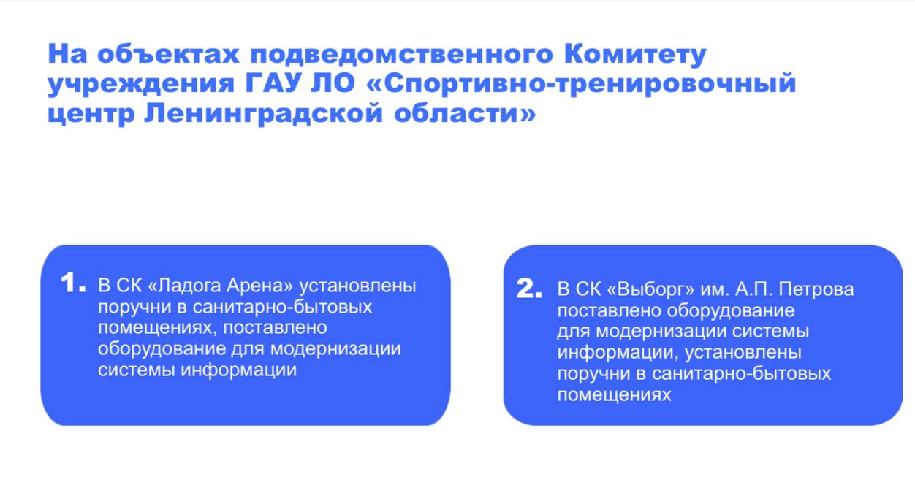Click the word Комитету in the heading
click(x=635, y=55)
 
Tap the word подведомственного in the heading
click(x=401, y=54)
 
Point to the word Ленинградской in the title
click(x=264, y=114)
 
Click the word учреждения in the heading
click(x=141, y=85)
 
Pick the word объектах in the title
click(x=168, y=53)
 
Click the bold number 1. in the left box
click(x=73, y=283)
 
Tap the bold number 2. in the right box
click(x=529, y=288)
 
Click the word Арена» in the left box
click(x=259, y=286)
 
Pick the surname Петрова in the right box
click(x=816, y=289)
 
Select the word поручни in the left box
click(x=134, y=308)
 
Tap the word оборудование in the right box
click(x=731, y=311)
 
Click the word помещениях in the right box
click(x=614, y=395)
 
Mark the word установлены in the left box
click(x=357, y=286)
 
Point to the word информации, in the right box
click(x=618, y=353)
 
